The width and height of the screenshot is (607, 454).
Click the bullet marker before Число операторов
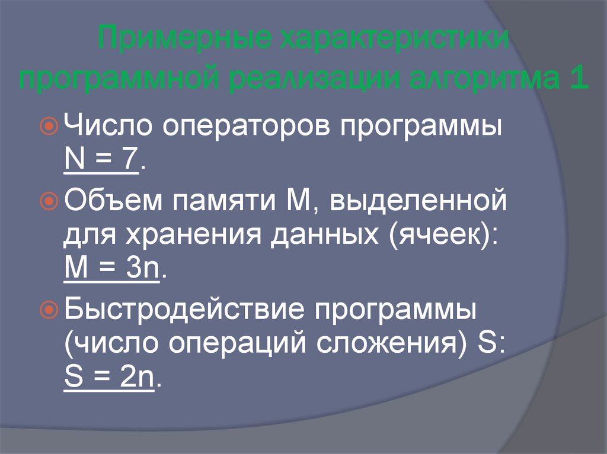click(50, 125)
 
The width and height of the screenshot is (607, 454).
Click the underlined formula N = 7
click(100, 159)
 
